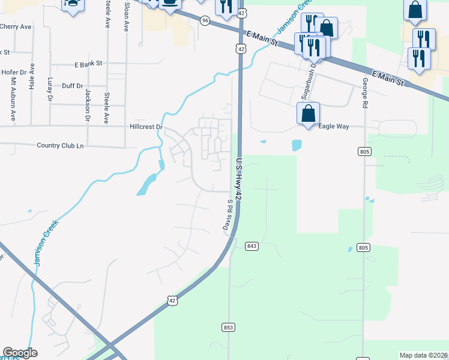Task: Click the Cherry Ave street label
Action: pos(16,27)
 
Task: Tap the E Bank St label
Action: pos(89,63)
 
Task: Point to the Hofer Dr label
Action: pos(14,73)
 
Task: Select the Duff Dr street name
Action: pos(72,86)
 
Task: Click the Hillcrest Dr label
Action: pos(146,127)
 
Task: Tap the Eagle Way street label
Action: pos(334,127)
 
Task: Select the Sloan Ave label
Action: pos(126,16)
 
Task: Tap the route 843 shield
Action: pos(252,246)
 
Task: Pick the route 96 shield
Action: pos(205,20)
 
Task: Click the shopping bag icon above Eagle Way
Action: pos(308,113)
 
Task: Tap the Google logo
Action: pos(20,353)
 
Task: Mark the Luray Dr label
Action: pos(50,88)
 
